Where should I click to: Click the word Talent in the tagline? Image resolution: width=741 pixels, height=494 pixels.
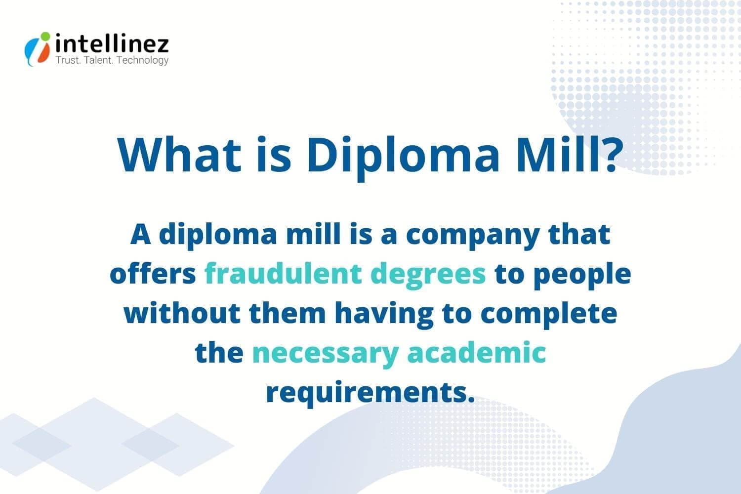click(99, 60)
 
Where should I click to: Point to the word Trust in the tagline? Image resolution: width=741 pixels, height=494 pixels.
click(68, 60)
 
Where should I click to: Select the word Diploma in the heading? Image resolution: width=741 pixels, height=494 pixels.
click(403, 158)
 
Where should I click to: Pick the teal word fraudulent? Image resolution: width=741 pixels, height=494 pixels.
click(284, 273)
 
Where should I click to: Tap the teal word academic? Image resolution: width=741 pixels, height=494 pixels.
click(476, 352)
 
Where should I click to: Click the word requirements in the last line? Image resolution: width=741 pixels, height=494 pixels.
click(370, 393)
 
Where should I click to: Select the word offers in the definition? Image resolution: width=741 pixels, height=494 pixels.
click(153, 273)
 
